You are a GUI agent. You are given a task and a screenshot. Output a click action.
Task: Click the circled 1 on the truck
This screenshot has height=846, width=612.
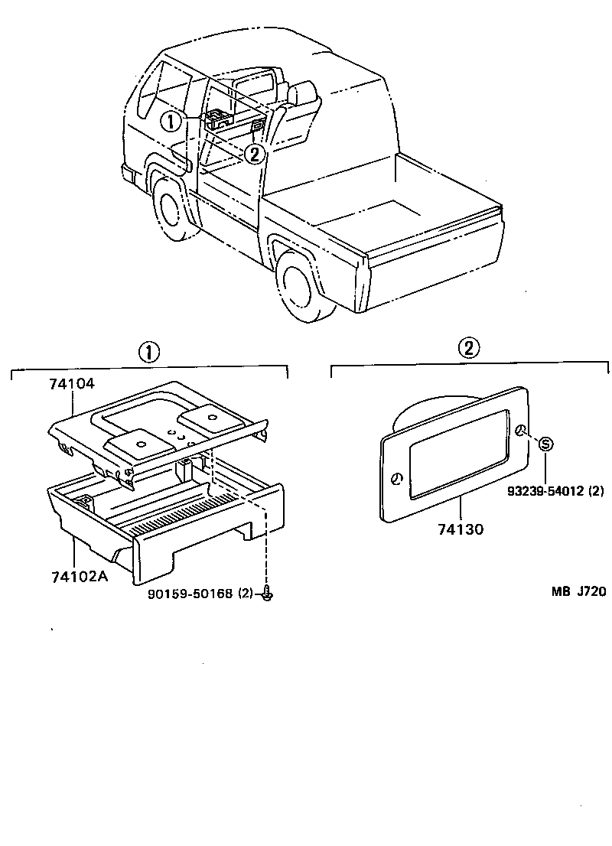coord(171,122)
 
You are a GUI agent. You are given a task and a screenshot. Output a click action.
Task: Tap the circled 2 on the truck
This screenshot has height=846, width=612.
coord(254,154)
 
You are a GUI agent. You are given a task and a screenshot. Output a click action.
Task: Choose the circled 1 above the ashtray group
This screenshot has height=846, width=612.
coord(148,351)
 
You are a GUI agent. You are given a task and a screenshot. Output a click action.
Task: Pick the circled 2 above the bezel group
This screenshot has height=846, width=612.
coord(469,348)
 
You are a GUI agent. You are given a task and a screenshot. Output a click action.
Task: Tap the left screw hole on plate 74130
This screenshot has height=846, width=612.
coord(397,479)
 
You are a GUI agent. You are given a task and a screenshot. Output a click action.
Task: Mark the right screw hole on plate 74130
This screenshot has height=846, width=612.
coord(521,431)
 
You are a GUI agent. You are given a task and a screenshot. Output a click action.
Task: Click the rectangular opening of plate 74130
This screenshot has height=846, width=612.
coord(457,454)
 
